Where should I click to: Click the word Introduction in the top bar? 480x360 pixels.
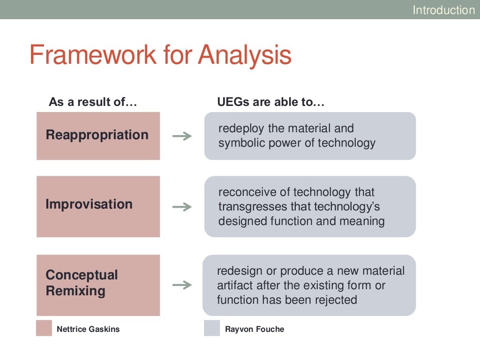tap(443, 10)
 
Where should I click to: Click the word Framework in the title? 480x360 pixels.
tap(93, 55)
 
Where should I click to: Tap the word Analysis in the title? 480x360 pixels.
tap(245, 55)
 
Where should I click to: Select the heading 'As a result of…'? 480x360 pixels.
tap(93, 102)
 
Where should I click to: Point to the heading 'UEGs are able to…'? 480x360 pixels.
tap(270, 102)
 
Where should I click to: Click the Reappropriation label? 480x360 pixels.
tap(97, 135)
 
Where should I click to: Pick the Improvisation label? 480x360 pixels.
tap(89, 204)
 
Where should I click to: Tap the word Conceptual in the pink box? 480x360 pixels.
tap(82, 275)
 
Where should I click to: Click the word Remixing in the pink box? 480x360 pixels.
tap(75, 291)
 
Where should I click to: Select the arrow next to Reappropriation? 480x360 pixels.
tap(182, 136)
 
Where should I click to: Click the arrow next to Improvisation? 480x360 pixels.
tap(182, 207)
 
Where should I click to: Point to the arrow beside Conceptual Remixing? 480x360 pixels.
tap(182, 285)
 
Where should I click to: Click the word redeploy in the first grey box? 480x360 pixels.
tap(241, 128)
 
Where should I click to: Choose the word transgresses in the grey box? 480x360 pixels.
tap(253, 207)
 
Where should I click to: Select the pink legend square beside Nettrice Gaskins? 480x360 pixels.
tap(44, 328)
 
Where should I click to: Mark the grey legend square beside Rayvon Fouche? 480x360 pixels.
tap(212, 328)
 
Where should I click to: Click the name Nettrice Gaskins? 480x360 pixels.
tap(88, 329)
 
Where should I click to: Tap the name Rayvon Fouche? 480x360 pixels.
tap(255, 330)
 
